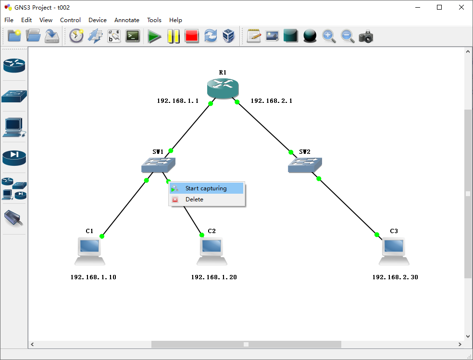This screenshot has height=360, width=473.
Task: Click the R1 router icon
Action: pyautogui.click(x=223, y=88)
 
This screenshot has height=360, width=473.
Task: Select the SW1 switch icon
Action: pyautogui.click(x=158, y=165)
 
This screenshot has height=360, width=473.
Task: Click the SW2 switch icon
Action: pyautogui.click(x=305, y=165)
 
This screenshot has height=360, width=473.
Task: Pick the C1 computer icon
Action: pyautogui.click(x=90, y=250)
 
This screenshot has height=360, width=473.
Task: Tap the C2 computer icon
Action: pyautogui.click(x=212, y=250)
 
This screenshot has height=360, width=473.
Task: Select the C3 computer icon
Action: pyautogui.click(x=394, y=250)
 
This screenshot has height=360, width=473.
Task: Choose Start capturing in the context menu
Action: pyautogui.click(x=206, y=188)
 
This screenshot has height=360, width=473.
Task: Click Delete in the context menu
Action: pyautogui.click(x=194, y=199)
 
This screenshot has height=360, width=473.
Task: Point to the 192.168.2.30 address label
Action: pyautogui.click(x=395, y=277)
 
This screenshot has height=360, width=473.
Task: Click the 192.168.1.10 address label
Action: pyautogui.click(x=93, y=277)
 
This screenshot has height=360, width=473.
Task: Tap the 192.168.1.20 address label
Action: pyautogui.click(x=214, y=277)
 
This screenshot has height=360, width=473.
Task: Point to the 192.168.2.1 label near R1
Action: pyautogui.click(x=272, y=101)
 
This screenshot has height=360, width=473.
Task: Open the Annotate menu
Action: pyautogui.click(x=127, y=20)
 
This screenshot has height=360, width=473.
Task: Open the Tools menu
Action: pyautogui.click(x=154, y=20)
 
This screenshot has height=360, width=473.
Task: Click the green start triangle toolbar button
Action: pyautogui.click(x=154, y=36)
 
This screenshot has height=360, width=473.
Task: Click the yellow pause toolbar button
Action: pyautogui.click(x=173, y=36)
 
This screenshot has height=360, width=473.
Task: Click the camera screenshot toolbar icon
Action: pyautogui.click(x=366, y=36)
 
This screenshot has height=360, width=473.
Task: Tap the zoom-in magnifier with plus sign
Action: pyautogui.click(x=329, y=36)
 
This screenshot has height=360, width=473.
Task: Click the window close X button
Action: pyautogui.click(x=461, y=7)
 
